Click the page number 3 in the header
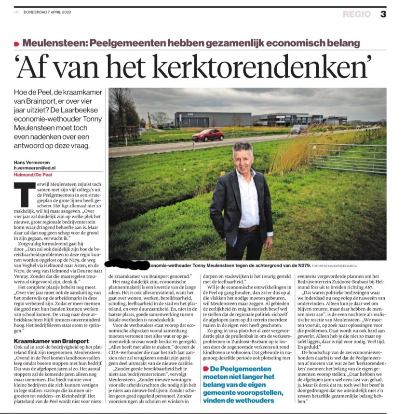point(383,14)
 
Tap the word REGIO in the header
point(357,14)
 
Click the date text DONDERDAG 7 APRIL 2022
point(50,13)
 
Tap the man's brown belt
point(249,228)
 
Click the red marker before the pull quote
point(205,369)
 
